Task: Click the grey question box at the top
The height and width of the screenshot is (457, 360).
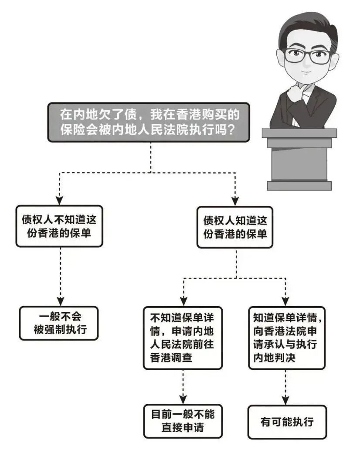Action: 148,123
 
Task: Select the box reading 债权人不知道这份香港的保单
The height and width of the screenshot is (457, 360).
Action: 60,226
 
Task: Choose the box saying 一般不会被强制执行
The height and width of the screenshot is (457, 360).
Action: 58,323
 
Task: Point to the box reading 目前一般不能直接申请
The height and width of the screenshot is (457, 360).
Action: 183,421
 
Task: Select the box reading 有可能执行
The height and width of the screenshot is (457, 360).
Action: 287,422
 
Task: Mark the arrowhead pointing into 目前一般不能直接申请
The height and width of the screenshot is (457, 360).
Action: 183,399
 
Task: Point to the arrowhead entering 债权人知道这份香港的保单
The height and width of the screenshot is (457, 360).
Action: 235,201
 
